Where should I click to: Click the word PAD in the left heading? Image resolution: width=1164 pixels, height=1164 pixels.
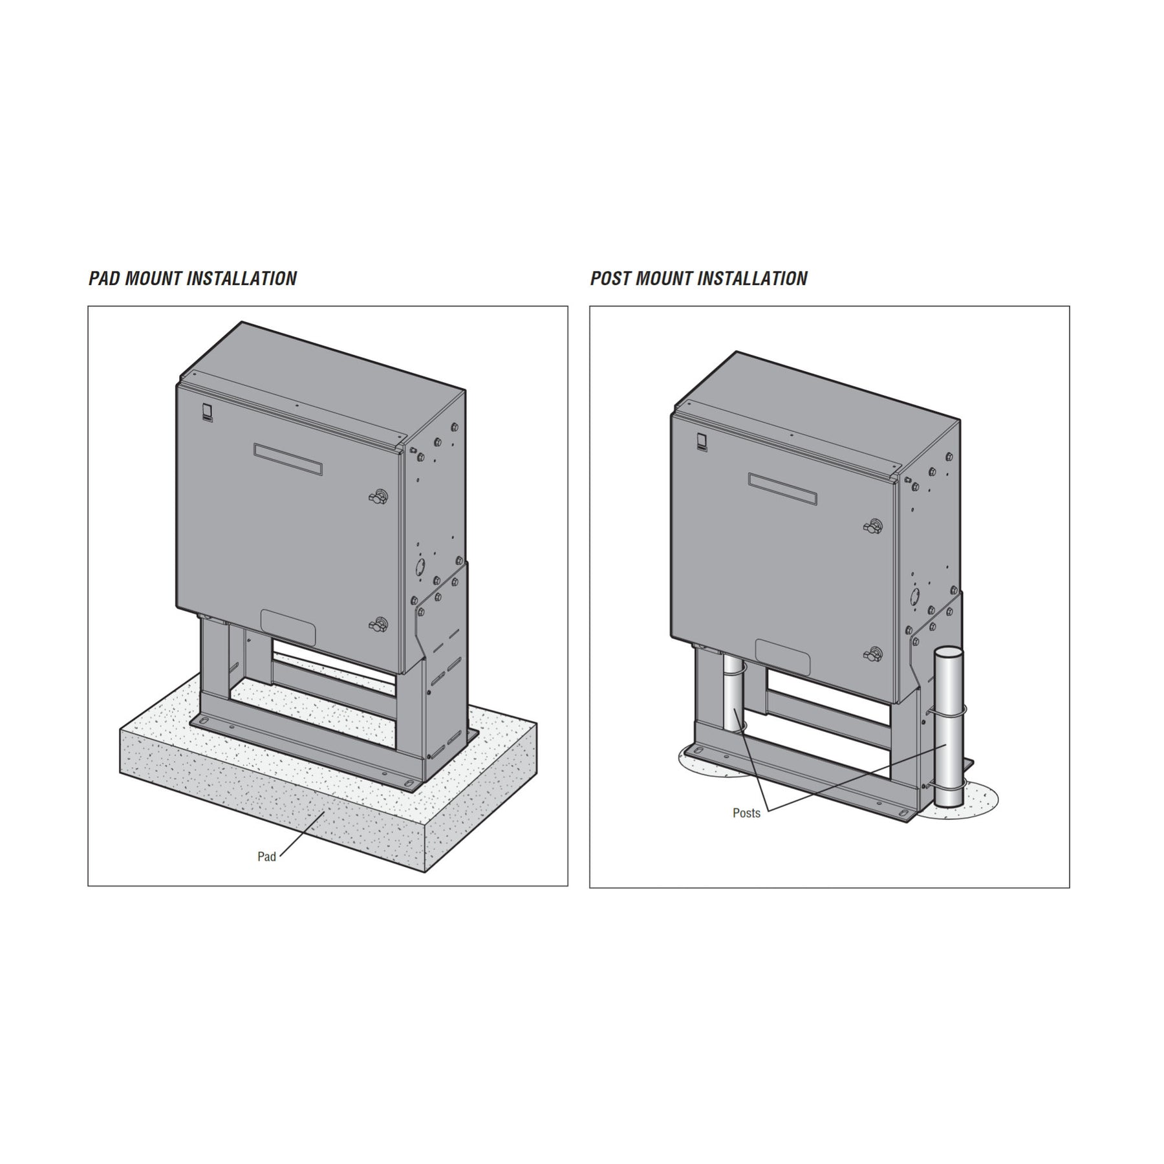(104, 279)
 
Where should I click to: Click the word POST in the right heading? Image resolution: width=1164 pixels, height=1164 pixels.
(610, 279)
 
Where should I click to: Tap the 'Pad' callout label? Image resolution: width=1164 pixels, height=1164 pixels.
(266, 857)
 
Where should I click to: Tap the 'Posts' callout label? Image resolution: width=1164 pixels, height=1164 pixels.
(746, 814)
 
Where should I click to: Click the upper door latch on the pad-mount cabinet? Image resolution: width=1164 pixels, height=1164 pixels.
(377, 497)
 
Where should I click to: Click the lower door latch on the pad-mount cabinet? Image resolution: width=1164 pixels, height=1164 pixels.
(377, 625)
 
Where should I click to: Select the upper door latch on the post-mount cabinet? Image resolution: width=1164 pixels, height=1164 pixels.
(872, 526)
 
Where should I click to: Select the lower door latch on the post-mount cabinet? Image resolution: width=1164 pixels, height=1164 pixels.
(872, 654)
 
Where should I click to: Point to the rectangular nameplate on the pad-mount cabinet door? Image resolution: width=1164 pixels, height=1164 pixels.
(288, 459)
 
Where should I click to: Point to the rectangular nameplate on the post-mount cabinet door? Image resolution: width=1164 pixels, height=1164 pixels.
(782, 489)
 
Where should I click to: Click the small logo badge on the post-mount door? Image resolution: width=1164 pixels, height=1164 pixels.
(702, 442)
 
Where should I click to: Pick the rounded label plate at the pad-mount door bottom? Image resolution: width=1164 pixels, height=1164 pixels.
(288, 627)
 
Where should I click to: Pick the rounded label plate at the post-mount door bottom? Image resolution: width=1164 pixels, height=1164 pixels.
(782, 658)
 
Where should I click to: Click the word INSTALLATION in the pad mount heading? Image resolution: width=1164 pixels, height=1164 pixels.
(241, 279)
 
